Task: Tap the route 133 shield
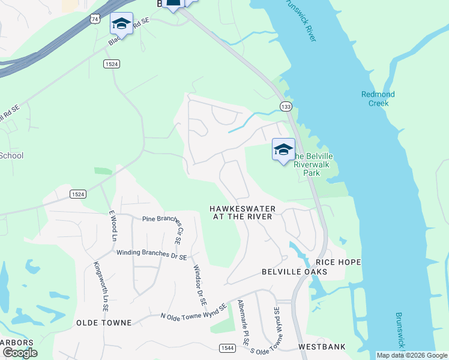pyautogui.click(x=285, y=106)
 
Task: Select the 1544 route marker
pyautogui.click(x=227, y=347)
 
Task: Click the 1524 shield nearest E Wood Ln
pyautogui.click(x=77, y=194)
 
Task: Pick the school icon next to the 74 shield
pyautogui.click(x=121, y=24)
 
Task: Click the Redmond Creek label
pyautogui.click(x=378, y=99)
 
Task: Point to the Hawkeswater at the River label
pyautogui.click(x=243, y=212)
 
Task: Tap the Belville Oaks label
pyautogui.click(x=294, y=272)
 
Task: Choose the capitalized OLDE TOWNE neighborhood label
pyautogui.click(x=104, y=323)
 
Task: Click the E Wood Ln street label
pyautogui.click(x=112, y=225)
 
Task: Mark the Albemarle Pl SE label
pyautogui.click(x=243, y=322)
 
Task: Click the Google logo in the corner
pyautogui.click(x=20, y=353)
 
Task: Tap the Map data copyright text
pyautogui.click(x=412, y=355)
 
